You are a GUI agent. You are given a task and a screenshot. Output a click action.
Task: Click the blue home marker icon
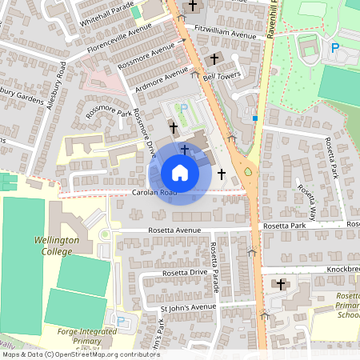tap(180, 172)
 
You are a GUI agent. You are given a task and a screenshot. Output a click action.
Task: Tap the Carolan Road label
tap(154, 194)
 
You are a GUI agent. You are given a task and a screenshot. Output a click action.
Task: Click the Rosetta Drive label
tap(185, 273)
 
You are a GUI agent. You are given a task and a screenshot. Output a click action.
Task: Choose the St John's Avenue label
tap(188, 307)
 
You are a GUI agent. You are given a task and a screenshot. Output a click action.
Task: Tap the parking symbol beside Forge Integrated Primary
tap(121, 322)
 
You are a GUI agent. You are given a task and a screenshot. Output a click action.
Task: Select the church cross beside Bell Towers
tap(214, 60)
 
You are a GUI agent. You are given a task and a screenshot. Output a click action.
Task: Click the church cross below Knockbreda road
tap(280, 284)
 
